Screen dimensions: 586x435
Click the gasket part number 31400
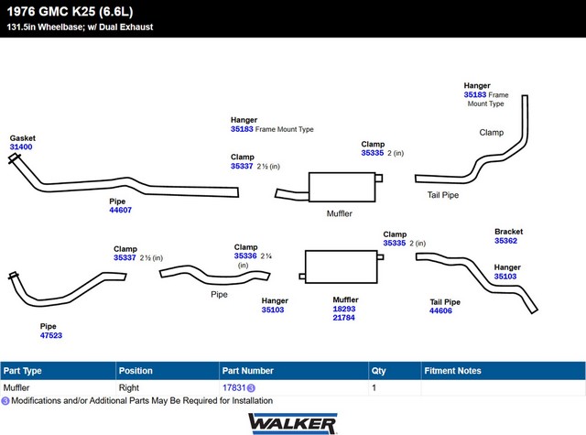coord(21,147)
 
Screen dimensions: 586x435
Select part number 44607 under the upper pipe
coord(120,210)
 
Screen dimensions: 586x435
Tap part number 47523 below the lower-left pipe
coord(51,335)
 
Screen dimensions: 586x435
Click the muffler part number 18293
coord(344,309)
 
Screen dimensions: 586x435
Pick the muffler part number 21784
coord(344,318)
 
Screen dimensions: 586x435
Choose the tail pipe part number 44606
coord(440,310)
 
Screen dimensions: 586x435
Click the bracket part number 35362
coord(505,241)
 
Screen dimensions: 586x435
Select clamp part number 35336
coord(245,256)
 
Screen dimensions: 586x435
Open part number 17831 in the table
coord(234,388)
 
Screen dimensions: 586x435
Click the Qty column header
coord(378,371)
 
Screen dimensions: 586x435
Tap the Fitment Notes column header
coord(452,371)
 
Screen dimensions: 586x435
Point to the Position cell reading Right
coord(129,388)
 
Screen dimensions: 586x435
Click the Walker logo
coord(293,424)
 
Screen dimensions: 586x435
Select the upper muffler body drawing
coord(342,187)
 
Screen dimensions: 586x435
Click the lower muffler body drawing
coord(342,266)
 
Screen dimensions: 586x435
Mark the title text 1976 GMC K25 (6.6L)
coord(70,12)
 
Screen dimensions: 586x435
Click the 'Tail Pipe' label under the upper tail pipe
coord(443,195)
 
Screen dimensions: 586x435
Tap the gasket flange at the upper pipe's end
coord(15,158)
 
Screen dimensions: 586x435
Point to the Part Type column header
coord(22,371)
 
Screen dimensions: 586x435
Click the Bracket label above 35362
coord(509,232)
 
